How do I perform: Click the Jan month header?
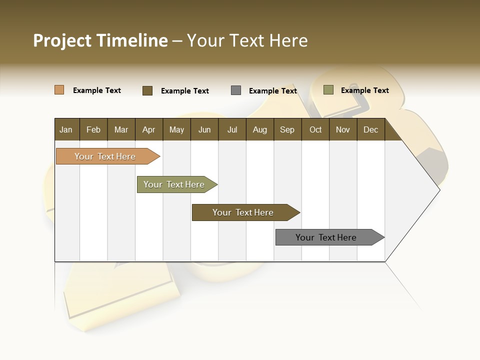point(66,129)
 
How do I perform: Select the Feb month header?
point(93,129)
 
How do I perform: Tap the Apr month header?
point(148,129)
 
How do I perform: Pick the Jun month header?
point(204,129)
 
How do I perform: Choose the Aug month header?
point(259,129)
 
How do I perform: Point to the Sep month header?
point(287,129)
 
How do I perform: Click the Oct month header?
point(315,129)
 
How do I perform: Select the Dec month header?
point(370,129)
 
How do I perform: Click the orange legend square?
point(59,90)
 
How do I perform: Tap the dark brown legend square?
point(147,90)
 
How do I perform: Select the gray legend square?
point(236,90)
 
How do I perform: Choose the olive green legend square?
point(328,90)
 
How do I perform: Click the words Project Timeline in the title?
point(100,40)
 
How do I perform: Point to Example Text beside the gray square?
point(273,91)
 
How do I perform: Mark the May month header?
point(176,129)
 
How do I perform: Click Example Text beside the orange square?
point(97,90)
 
